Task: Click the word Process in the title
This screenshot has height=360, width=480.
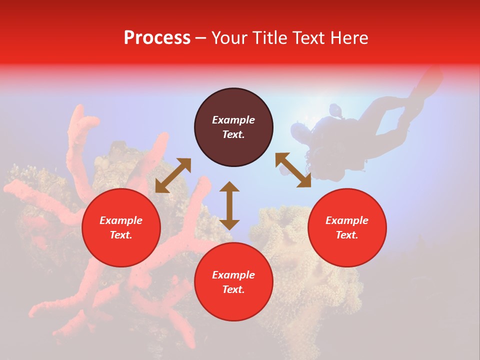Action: click(157, 38)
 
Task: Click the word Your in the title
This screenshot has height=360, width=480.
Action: click(229, 38)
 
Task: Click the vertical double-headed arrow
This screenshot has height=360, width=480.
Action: click(229, 205)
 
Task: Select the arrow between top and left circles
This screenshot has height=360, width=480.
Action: click(173, 175)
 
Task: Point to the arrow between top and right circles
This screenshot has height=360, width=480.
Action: click(293, 170)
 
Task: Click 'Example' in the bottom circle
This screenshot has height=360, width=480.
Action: click(233, 275)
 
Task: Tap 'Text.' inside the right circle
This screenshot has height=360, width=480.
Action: click(347, 235)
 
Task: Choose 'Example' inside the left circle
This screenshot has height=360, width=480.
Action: click(121, 220)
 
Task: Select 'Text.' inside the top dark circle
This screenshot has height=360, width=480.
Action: click(233, 134)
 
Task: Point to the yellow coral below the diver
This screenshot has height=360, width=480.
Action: click(300, 250)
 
